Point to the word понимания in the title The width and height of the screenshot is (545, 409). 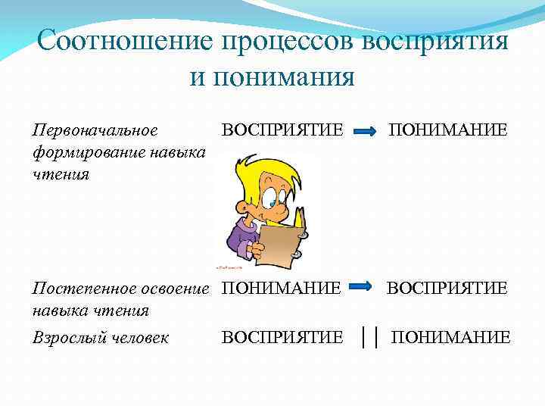coord(272,76)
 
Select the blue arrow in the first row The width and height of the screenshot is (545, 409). coord(365,132)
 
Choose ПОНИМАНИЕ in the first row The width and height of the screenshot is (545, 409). coord(448,130)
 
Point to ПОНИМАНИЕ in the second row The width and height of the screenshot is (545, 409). coord(281,289)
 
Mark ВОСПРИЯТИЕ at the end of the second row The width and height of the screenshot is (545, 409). coord(447,289)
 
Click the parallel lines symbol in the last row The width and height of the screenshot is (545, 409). coord(369,336)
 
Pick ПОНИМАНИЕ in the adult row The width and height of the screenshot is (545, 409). coord(450,337)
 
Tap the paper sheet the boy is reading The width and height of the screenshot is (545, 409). coord(282,242)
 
